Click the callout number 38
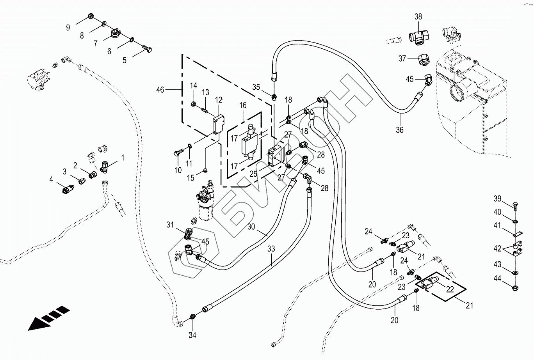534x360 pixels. (418, 17)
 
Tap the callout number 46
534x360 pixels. (160, 90)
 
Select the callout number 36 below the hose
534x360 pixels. (399, 130)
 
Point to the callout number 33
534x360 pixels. (271, 249)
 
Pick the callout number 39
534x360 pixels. (497, 199)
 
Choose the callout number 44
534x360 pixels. (497, 278)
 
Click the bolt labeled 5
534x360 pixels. (148, 49)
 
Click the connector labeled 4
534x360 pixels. (68, 190)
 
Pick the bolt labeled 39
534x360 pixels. (515, 206)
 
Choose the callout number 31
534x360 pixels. (170, 225)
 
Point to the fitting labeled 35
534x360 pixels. (275, 96)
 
